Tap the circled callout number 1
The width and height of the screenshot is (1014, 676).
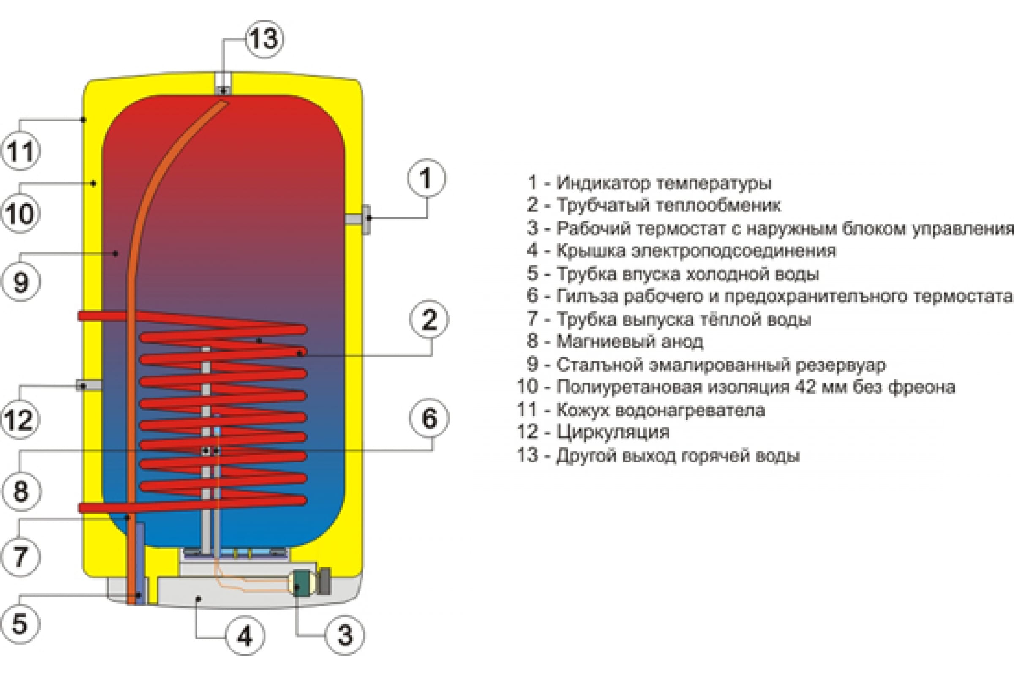pos(426,178)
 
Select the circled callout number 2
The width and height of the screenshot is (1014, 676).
pos(429,319)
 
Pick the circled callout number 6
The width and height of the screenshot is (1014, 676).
pos(429,418)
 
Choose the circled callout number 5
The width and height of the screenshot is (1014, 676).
pos(20,624)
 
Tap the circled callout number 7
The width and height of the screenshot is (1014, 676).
pos(21,556)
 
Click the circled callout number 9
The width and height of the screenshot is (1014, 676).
pos(21,282)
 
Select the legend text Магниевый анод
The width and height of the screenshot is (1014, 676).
pos(630,341)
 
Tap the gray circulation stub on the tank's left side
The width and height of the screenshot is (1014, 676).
pos(89,385)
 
